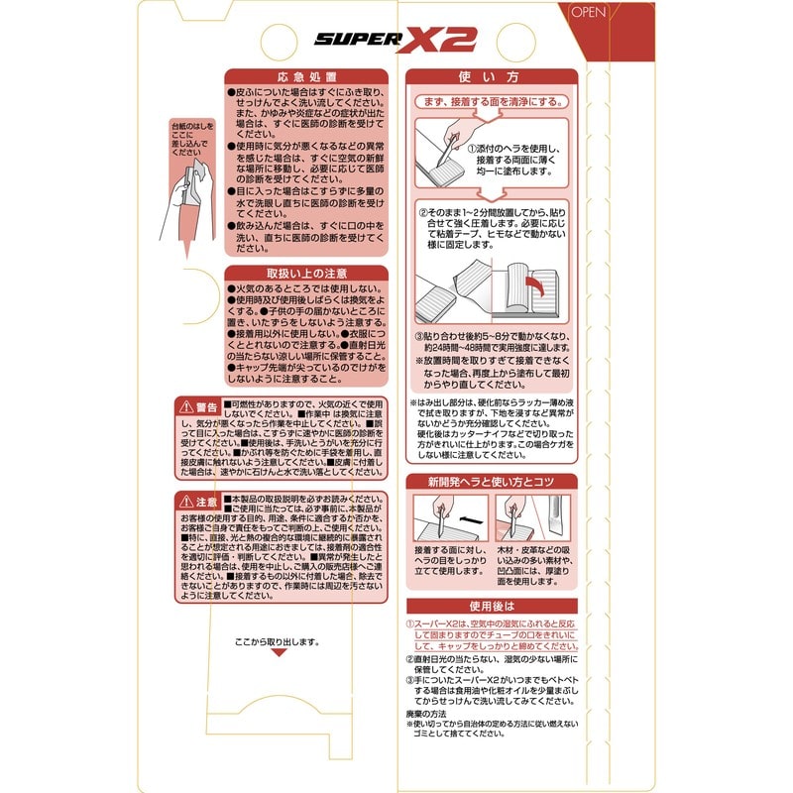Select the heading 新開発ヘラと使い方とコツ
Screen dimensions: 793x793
pos(491,481)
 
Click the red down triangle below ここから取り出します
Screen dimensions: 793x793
pos(279,653)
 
